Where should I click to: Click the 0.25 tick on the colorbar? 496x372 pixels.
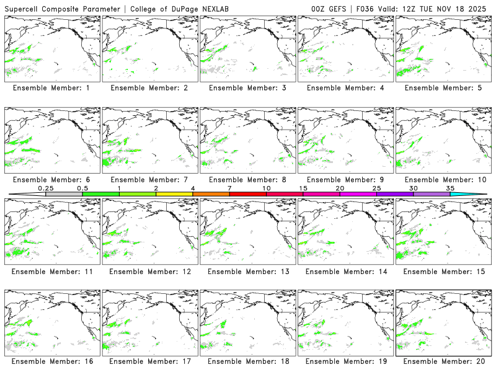(x=45, y=188)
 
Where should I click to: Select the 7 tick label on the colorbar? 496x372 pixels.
(x=229, y=188)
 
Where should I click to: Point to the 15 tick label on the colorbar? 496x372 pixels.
(x=303, y=188)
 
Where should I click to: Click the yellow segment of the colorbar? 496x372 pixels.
(x=174, y=194)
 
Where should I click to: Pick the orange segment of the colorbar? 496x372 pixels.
(x=211, y=194)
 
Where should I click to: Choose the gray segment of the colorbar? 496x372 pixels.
(x=64, y=194)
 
